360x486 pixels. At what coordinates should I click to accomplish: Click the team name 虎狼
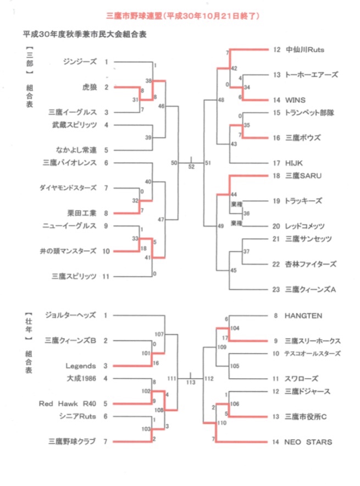[x=88, y=87]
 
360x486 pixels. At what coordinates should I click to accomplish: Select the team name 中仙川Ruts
[x=305, y=49]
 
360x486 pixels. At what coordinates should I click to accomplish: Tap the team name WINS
[x=294, y=100]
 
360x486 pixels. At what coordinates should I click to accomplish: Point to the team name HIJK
[x=293, y=163]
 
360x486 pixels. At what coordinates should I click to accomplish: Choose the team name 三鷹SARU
[x=303, y=175]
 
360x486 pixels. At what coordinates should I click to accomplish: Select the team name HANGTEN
[x=303, y=316]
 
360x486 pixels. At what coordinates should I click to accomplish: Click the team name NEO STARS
[x=308, y=441]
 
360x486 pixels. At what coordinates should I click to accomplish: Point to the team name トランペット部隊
[x=310, y=112]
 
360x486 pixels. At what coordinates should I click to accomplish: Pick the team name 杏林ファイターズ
[x=312, y=264]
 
